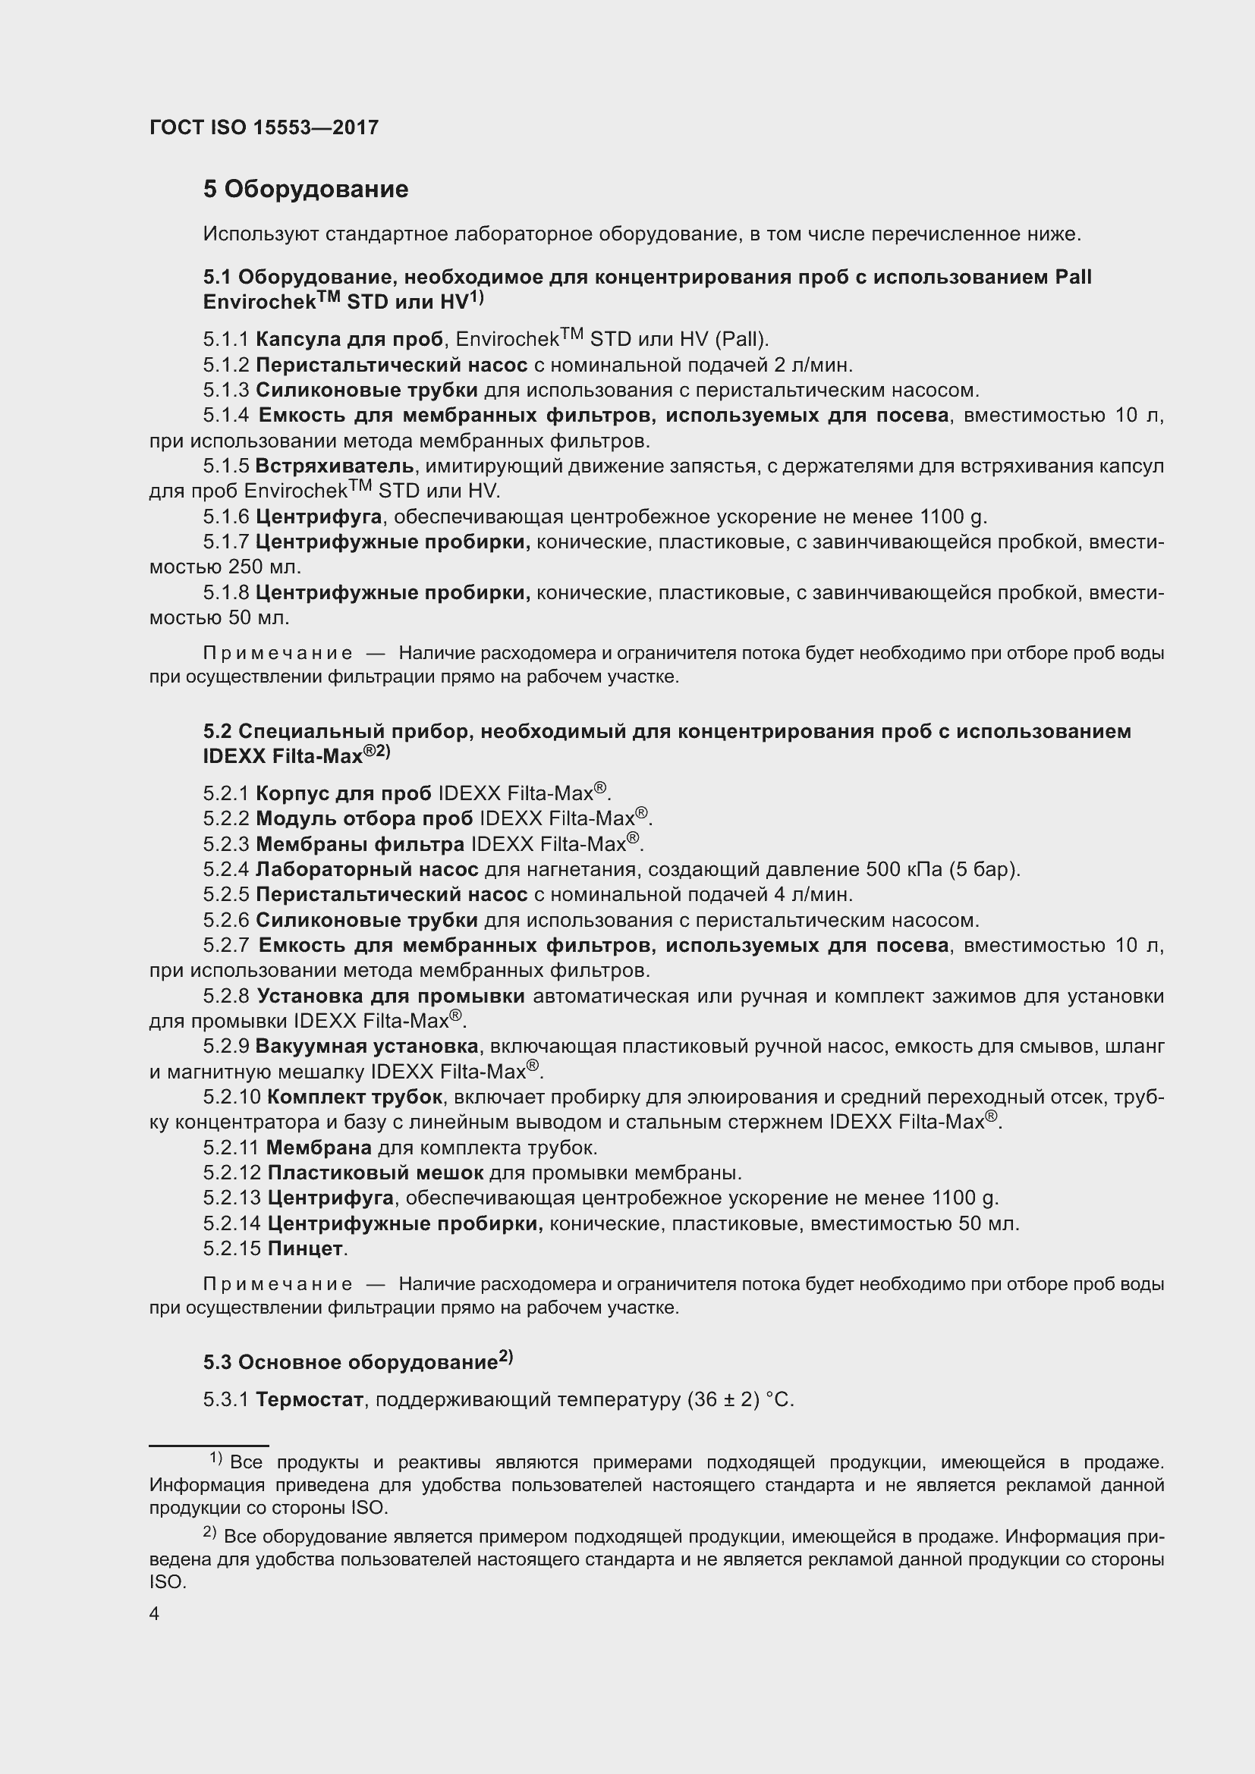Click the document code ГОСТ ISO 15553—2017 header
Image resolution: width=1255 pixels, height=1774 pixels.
263,127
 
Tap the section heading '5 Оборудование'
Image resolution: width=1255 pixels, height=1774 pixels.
305,190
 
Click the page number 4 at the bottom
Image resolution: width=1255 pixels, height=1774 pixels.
155,1614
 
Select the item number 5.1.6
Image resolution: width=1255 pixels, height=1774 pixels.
226,517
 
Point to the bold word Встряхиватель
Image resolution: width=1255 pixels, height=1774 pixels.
335,466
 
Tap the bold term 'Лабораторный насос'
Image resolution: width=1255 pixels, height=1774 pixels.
366,869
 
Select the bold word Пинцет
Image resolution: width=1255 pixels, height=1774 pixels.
305,1248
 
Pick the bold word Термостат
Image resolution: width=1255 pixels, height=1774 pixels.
309,1399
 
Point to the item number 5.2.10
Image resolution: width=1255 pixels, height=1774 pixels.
232,1097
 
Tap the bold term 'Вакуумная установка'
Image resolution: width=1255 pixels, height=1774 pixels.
366,1046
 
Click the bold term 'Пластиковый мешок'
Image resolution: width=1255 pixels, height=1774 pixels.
375,1172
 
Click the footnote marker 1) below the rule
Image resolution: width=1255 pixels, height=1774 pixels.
216,1458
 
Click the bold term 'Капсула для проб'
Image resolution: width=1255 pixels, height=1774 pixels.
349,339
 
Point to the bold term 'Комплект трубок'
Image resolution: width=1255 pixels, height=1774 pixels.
354,1097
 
